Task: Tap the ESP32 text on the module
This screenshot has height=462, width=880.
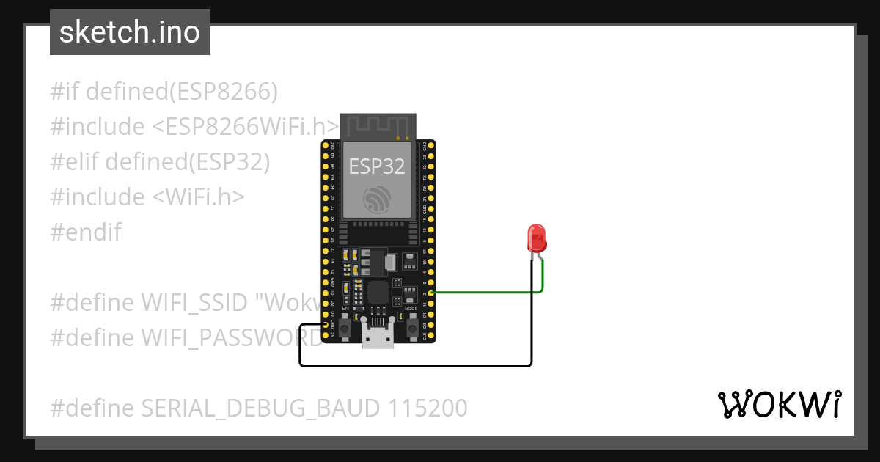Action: click(x=376, y=166)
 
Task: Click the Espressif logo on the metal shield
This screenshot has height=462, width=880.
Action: click(x=376, y=199)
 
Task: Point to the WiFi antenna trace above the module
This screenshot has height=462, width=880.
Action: click(x=376, y=126)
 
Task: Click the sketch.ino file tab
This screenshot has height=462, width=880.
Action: click(x=130, y=32)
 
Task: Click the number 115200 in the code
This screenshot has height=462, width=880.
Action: click(x=424, y=408)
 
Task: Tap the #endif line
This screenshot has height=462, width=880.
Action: click(x=86, y=232)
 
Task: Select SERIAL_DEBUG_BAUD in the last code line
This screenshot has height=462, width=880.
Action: click(x=241, y=408)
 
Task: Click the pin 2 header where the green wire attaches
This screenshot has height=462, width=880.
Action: click(x=431, y=293)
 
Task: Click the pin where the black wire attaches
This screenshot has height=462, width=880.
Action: click(x=326, y=325)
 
